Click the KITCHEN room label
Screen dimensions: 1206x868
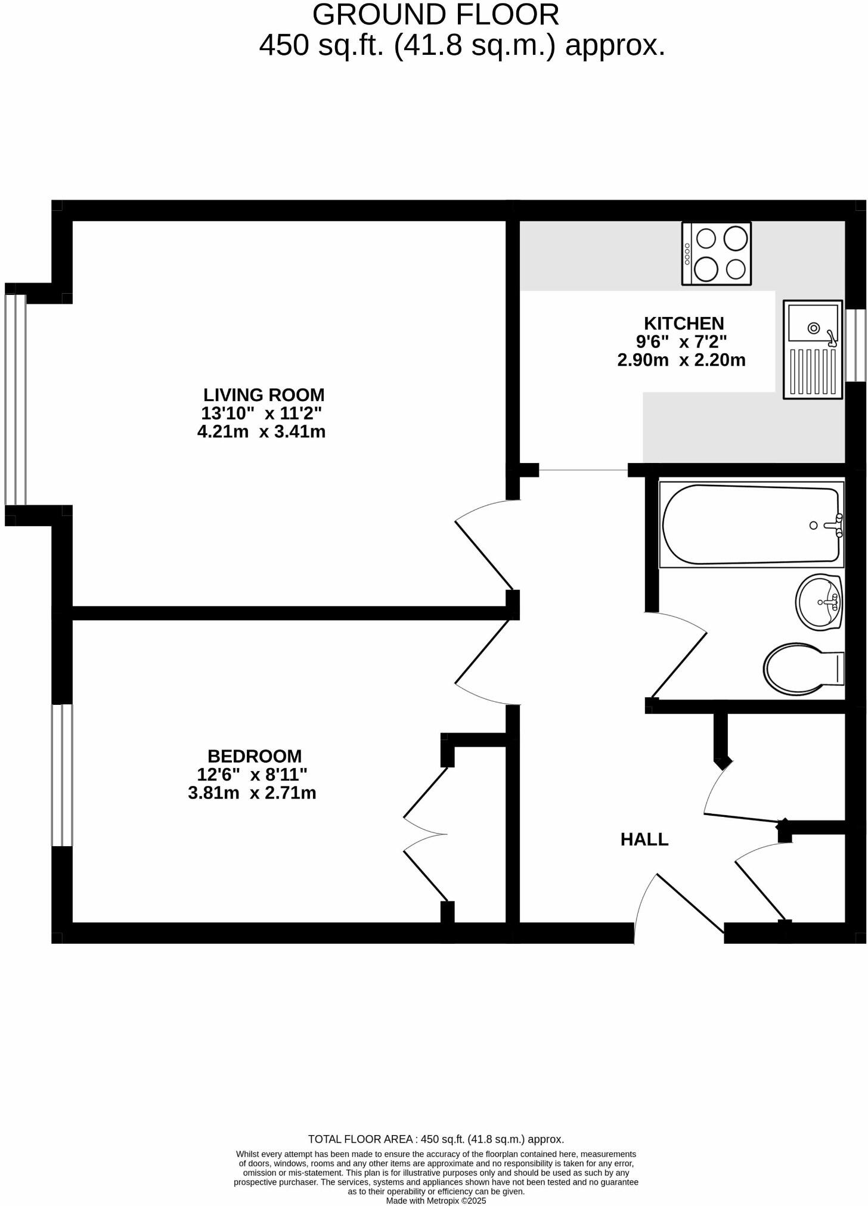(x=683, y=324)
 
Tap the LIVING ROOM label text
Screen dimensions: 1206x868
(x=263, y=395)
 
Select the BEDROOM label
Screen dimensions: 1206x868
(x=255, y=756)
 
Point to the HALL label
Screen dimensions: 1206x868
(x=644, y=840)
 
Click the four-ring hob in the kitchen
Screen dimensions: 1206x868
(x=717, y=253)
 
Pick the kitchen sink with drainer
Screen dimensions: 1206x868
(x=813, y=349)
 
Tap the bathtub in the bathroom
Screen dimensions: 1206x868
(x=751, y=525)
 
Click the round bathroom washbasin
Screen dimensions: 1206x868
(x=819, y=602)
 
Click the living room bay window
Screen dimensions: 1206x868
(x=15, y=400)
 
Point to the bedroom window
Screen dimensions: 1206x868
(x=62, y=775)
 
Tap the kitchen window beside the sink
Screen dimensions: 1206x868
(x=857, y=345)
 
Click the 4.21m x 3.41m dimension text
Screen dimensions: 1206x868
(x=261, y=432)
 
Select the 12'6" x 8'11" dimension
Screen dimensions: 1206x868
(x=252, y=775)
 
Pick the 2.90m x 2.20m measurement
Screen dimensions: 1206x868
(x=681, y=360)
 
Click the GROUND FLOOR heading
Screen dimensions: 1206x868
(x=436, y=15)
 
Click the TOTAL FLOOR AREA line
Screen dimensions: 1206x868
(x=436, y=1139)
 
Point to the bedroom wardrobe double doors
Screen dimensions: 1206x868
(x=426, y=834)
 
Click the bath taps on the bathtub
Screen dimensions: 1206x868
(x=835, y=526)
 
